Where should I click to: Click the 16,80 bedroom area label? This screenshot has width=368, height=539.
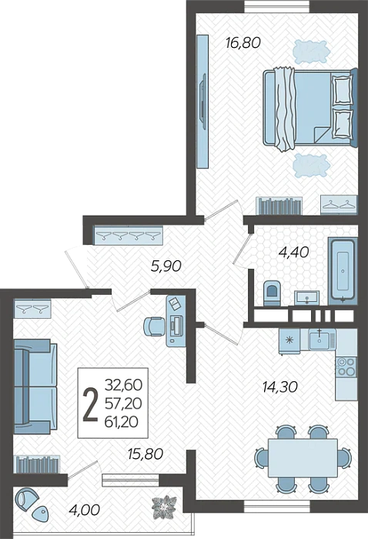(x=243, y=42)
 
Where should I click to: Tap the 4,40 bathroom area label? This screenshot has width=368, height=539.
(x=293, y=252)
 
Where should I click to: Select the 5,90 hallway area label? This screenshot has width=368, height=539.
(x=166, y=266)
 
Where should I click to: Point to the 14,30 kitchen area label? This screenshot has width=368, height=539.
(x=279, y=387)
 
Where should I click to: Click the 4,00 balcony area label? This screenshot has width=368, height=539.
(x=84, y=509)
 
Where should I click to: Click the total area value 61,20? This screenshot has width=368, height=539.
(x=123, y=421)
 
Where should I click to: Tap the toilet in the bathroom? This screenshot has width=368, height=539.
(x=272, y=293)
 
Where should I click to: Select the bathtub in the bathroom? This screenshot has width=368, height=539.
(x=343, y=271)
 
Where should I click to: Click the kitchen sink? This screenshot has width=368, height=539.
(x=322, y=339)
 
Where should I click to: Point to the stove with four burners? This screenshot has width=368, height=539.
(x=346, y=367)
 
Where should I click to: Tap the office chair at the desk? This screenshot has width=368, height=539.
(x=154, y=326)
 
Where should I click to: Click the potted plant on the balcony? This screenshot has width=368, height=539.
(x=165, y=507)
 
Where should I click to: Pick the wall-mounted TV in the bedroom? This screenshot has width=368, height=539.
(x=203, y=101)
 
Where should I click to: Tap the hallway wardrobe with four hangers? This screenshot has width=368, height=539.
(x=128, y=236)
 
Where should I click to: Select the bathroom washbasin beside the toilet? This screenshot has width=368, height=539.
(x=306, y=297)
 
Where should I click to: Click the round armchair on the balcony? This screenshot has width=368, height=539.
(x=28, y=497)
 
